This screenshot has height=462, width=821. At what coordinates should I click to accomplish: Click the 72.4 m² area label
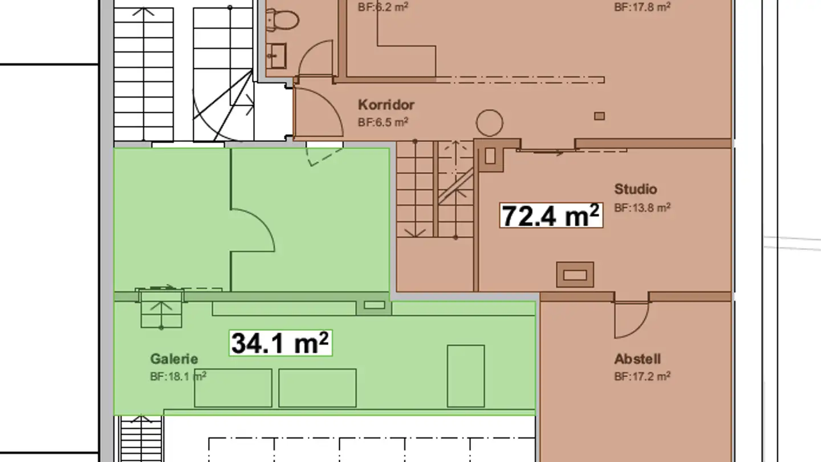tap(551, 216)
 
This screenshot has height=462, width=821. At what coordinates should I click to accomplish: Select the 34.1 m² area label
tap(281, 343)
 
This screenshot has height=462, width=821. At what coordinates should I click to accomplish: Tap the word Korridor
tap(386, 105)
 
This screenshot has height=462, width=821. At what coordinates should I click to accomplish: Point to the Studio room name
tap(635, 189)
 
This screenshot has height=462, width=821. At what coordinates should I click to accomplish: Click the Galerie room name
tap(174, 359)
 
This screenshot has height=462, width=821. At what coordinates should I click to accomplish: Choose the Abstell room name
tap(637, 359)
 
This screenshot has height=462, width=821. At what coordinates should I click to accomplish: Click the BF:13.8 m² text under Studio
tap(642, 208)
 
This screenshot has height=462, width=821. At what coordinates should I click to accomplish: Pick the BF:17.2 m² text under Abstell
tap(642, 376)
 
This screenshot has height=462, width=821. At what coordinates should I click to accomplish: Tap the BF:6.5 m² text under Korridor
tap(383, 122)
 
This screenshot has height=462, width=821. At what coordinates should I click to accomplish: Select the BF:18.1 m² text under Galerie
tap(178, 376)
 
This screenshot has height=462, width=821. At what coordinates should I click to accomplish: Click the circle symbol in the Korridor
tap(489, 123)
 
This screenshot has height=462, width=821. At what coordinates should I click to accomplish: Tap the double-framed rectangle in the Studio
tap(575, 275)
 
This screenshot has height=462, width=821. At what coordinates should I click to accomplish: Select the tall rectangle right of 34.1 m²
tap(465, 376)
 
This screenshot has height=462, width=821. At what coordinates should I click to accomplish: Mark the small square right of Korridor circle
tap(599, 116)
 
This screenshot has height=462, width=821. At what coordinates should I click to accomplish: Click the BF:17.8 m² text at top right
tap(642, 7)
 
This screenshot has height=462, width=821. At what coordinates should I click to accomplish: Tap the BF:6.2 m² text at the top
tap(383, 7)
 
